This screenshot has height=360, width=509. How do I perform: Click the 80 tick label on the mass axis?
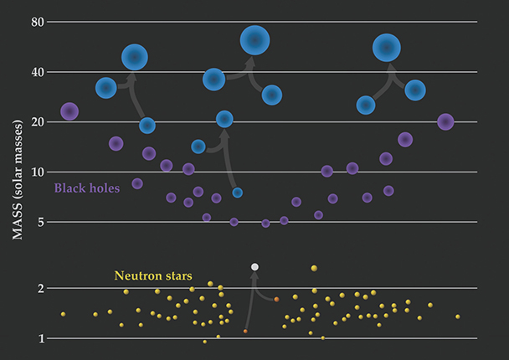[x=36, y=22]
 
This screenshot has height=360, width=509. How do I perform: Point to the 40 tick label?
[x=36, y=72]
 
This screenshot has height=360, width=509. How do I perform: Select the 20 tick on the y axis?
[x=36, y=122]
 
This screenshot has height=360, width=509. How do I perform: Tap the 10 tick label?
[x=36, y=172]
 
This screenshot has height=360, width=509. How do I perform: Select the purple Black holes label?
[x=87, y=188]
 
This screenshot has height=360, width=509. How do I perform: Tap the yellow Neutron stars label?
[x=153, y=275]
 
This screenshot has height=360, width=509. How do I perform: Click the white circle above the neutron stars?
[x=255, y=266]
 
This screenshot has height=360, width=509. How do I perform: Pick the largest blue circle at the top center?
[x=254, y=39]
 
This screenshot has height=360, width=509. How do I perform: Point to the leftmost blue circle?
[x=105, y=87]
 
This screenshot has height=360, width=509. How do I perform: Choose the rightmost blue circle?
[x=415, y=90]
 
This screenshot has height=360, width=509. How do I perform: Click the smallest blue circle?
[x=238, y=193]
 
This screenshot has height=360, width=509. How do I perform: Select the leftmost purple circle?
[x=69, y=111]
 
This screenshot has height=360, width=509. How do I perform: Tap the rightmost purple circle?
[x=445, y=122]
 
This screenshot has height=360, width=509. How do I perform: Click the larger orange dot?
[x=276, y=299]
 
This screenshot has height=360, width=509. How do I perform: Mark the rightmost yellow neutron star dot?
[x=458, y=316]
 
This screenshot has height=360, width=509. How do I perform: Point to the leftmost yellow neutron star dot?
[x=63, y=314]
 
